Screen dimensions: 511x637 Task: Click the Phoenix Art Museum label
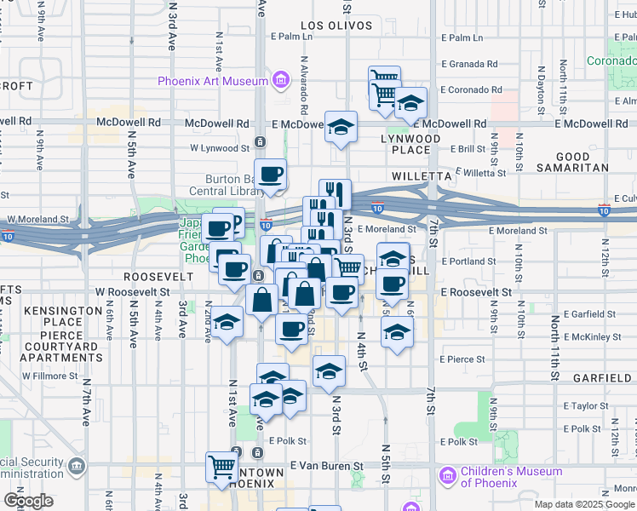[x=212, y=82]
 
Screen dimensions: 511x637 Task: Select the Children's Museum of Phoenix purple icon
[x=446, y=475]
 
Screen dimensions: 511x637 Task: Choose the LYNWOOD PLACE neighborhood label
[x=410, y=144]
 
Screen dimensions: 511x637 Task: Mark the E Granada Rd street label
[x=468, y=64]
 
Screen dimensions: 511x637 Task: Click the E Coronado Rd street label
[x=470, y=90]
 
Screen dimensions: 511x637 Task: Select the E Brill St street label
[x=471, y=148]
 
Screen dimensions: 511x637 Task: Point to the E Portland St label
[x=469, y=261]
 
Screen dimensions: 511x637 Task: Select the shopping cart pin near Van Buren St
[x=222, y=467]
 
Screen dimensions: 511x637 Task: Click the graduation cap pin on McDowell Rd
[x=341, y=127]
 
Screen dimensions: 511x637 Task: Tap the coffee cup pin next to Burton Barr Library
[x=271, y=175]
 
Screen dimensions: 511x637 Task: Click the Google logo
[x=28, y=501]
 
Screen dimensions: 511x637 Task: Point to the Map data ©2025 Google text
[x=584, y=504]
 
